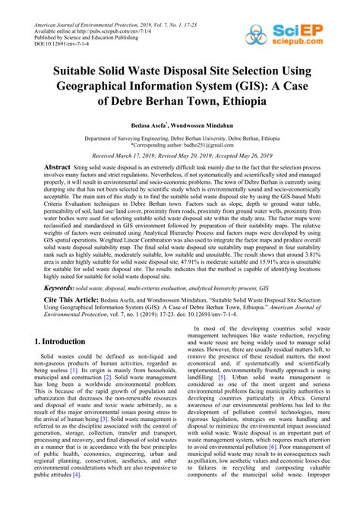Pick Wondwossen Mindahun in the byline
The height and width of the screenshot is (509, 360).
(x=207, y=125)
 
